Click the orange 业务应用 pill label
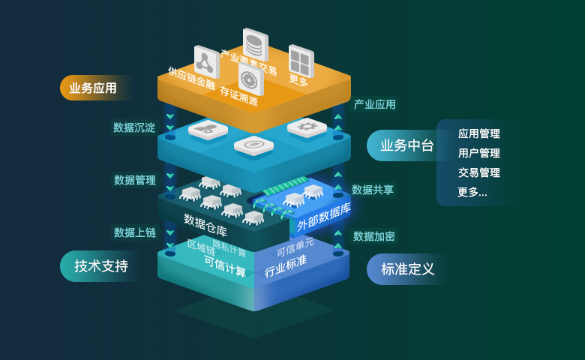click(x=93, y=88)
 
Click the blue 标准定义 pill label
click(x=407, y=268)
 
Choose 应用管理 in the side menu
click(x=478, y=134)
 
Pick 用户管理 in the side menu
click(x=478, y=153)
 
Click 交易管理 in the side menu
click(x=478, y=172)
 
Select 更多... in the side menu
click(x=472, y=192)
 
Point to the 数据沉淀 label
click(x=134, y=127)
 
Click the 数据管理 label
click(x=135, y=180)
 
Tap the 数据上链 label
click(x=135, y=232)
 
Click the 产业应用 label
click(x=374, y=104)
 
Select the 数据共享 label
click(x=373, y=190)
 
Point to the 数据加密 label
click(x=373, y=236)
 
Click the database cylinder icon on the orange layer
click(x=255, y=45)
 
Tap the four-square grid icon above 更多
click(x=301, y=61)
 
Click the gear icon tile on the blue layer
click(x=307, y=127)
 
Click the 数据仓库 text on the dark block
click(x=205, y=225)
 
